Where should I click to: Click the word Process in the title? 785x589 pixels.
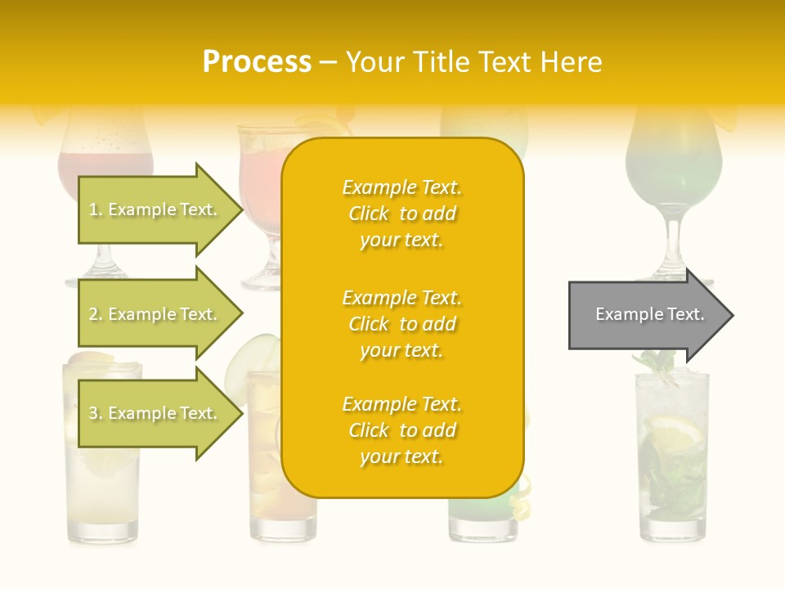pyautogui.click(x=257, y=62)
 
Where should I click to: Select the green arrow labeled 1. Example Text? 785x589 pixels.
pyautogui.click(x=155, y=209)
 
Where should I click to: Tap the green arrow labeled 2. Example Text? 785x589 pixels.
pyautogui.click(x=155, y=314)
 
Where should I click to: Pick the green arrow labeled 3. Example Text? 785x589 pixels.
pyautogui.click(x=155, y=413)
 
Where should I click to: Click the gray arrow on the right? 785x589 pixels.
pyautogui.click(x=646, y=315)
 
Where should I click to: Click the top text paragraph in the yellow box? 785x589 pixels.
pyautogui.click(x=401, y=214)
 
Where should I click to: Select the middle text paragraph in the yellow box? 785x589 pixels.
pyautogui.click(x=401, y=324)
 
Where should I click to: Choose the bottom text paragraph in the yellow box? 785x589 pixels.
pyautogui.click(x=401, y=430)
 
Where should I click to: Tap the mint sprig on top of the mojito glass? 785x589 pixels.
pyautogui.click(x=659, y=364)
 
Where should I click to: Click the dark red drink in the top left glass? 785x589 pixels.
pyautogui.click(x=105, y=168)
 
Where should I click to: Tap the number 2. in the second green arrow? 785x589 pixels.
pyautogui.click(x=95, y=314)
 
